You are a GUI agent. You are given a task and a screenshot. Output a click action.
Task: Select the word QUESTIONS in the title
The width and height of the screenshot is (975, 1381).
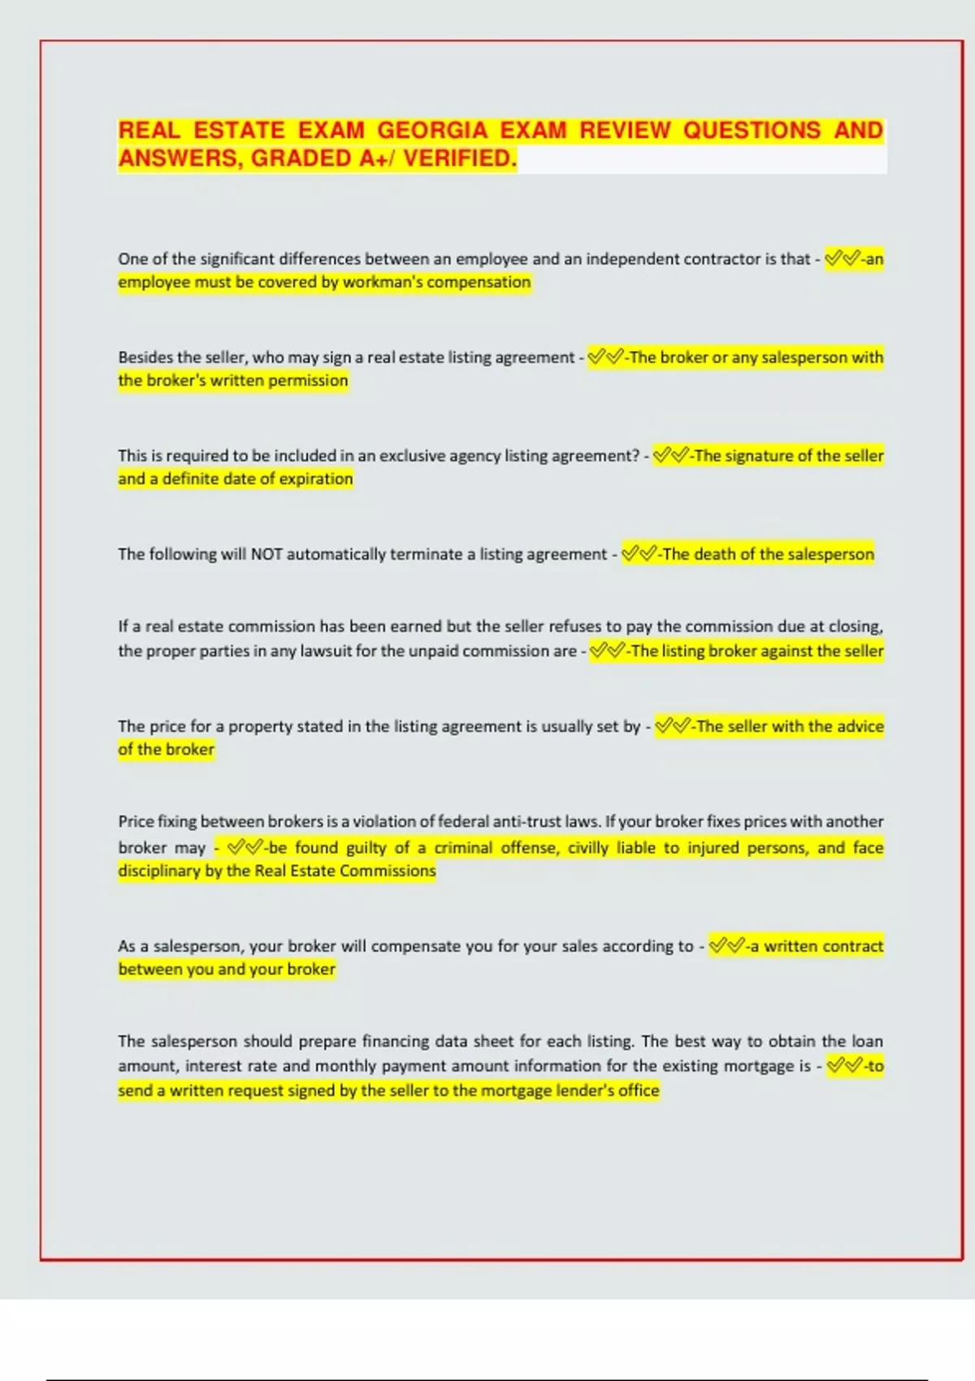(x=752, y=131)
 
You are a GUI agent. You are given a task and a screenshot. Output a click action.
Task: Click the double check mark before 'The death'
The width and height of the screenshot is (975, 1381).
(x=639, y=555)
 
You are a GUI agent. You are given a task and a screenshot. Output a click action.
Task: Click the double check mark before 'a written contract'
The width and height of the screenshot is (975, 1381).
(x=726, y=946)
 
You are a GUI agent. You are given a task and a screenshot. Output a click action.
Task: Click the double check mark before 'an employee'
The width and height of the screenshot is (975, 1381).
(x=843, y=259)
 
